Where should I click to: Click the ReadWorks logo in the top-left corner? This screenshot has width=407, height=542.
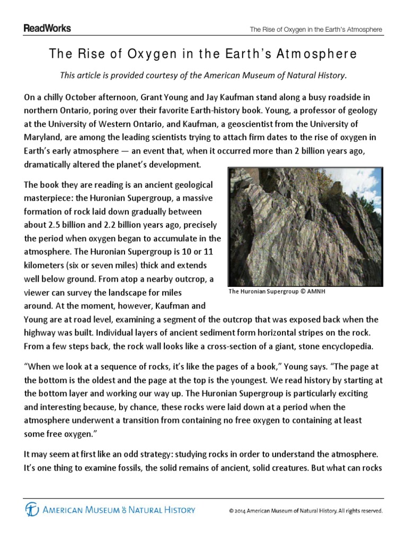point(47,29)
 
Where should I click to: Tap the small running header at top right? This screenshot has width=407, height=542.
point(316,30)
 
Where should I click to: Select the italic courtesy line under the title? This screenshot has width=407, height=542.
point(203,75)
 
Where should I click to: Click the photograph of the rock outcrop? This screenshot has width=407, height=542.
point(305,226)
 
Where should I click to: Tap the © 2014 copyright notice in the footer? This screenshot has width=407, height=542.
point(305,511)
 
